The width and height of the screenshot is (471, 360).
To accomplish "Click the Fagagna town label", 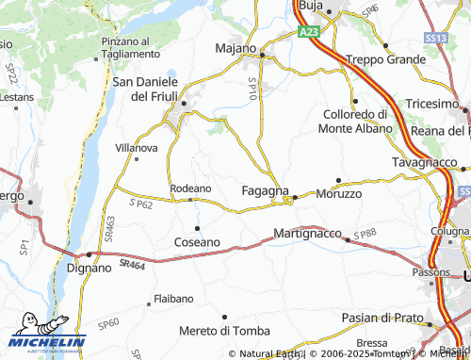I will pos(265,190).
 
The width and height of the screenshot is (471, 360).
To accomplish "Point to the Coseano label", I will pos(197,242).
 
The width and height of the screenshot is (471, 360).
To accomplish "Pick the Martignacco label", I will pos(306,232).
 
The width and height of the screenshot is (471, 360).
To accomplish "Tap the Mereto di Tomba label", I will pos(224,331).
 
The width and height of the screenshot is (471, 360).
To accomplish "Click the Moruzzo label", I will pos(338,193).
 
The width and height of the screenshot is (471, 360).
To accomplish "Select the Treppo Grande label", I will pos(386,59).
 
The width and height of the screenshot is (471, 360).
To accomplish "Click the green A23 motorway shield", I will pos(310,32).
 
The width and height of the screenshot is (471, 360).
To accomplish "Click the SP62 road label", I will pos(140,204).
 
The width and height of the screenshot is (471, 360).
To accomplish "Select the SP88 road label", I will pos(365,233).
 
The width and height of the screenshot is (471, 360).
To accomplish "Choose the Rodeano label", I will pos(190,188).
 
